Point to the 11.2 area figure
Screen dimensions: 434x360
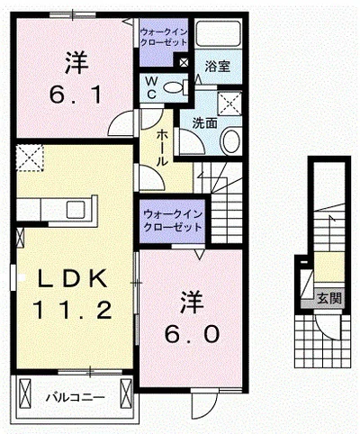pyautogui.click(x=73, y=312)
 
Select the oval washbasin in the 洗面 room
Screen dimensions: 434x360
pyautogui.click(x=231, y=141)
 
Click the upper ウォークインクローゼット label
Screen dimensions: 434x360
pyautogui.click(x=163, y=36)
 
